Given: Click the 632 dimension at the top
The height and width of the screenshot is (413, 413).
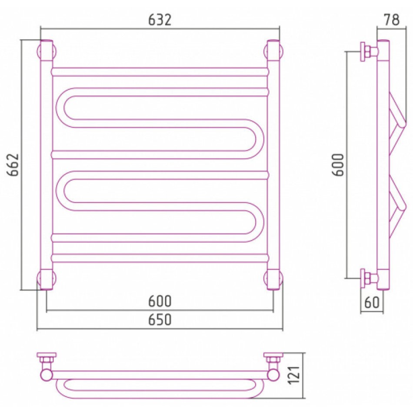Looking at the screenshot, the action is point(160,20).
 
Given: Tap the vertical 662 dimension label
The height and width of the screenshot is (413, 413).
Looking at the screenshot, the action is point(13,165).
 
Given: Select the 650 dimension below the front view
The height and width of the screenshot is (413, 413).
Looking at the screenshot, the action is point(160,320).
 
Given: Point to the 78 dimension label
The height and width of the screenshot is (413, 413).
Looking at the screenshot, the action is point(392,20).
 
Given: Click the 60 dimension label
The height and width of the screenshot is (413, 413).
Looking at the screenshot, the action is point(372,303).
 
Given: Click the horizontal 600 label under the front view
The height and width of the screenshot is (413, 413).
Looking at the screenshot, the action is point(160,301).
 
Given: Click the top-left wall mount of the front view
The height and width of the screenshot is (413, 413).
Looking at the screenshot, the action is point(47,50).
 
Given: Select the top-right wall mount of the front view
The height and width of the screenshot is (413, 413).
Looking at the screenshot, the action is point(273,50).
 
